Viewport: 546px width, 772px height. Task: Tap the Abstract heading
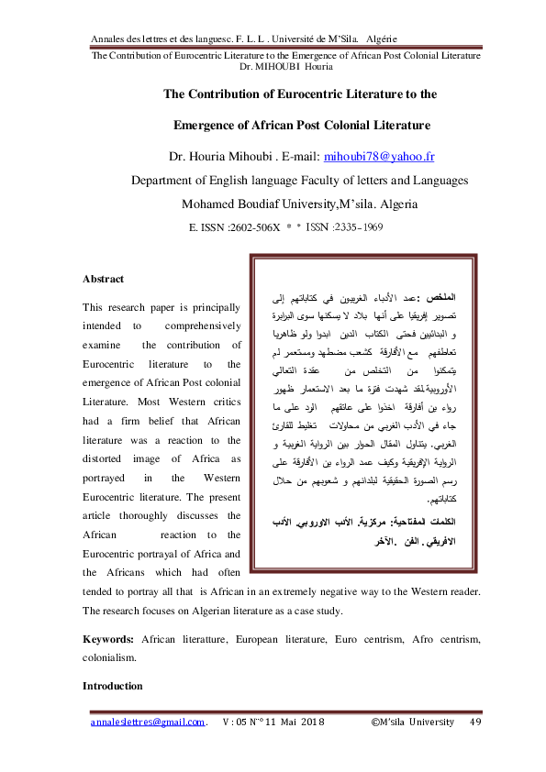pos(104,278)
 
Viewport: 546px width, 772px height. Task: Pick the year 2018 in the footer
pos(312,723)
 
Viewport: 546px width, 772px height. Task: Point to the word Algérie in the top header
pos(381,39)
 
